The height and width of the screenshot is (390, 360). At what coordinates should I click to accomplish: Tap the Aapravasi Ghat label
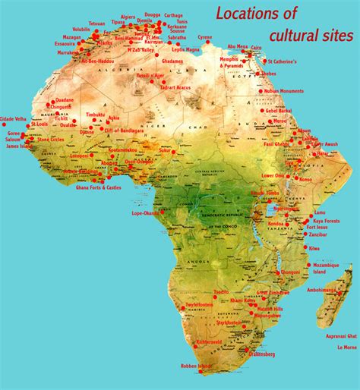341,335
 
